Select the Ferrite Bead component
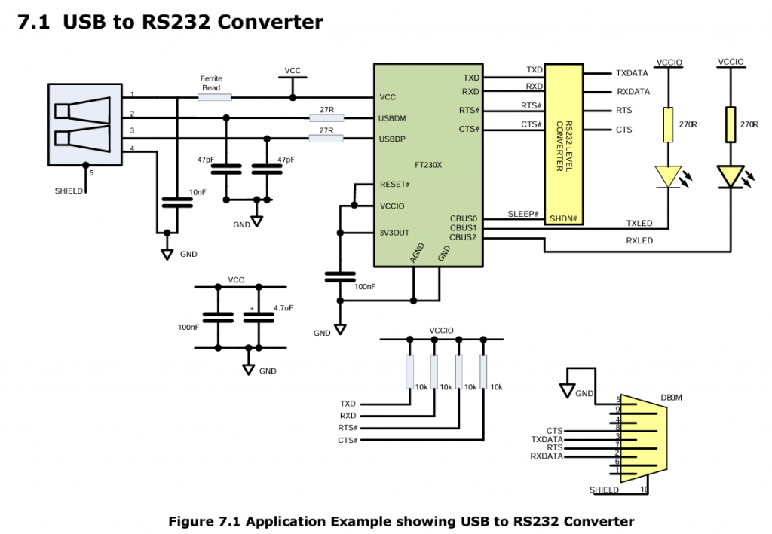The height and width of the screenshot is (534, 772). [215, 96]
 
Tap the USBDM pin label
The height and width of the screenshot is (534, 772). [397, 118]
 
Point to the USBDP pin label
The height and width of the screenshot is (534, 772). [397, 139]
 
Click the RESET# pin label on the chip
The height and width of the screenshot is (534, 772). [395, 185]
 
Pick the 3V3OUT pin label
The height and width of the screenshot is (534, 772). [396, 232]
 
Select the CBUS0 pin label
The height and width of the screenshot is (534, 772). [464, 218]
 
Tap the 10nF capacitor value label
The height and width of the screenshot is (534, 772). [198, 193]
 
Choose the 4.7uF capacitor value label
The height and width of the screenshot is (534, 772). [283, 307]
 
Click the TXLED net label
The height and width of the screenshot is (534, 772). [640, 223]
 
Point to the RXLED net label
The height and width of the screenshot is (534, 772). [640, 241]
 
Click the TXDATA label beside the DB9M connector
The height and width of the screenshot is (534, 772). [547, 439]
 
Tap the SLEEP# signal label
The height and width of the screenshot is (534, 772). [523, 215]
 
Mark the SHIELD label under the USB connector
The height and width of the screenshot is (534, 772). [69, 191]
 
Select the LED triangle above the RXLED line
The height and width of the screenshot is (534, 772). [730, 177]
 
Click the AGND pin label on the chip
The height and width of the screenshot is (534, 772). [418, 252]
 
